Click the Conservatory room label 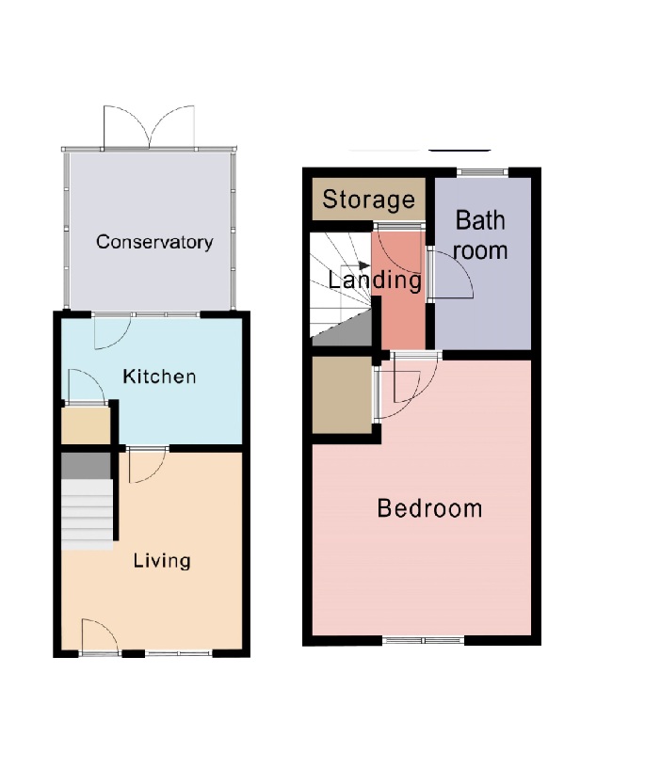[x=154, y=242]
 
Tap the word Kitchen [x=160, y=377]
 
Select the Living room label [x=162, y=561]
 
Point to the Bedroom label [x=429, y=509]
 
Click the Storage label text [x=368, y=200]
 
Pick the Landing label [x=374, y=280]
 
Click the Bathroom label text [x=481, y=235]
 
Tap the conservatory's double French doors [x=151, y=128]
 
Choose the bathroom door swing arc [x=449, y=276]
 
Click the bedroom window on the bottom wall [x=423, y=642]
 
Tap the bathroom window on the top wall [x=483, y=172]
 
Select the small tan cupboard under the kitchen [x=85, y=426]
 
